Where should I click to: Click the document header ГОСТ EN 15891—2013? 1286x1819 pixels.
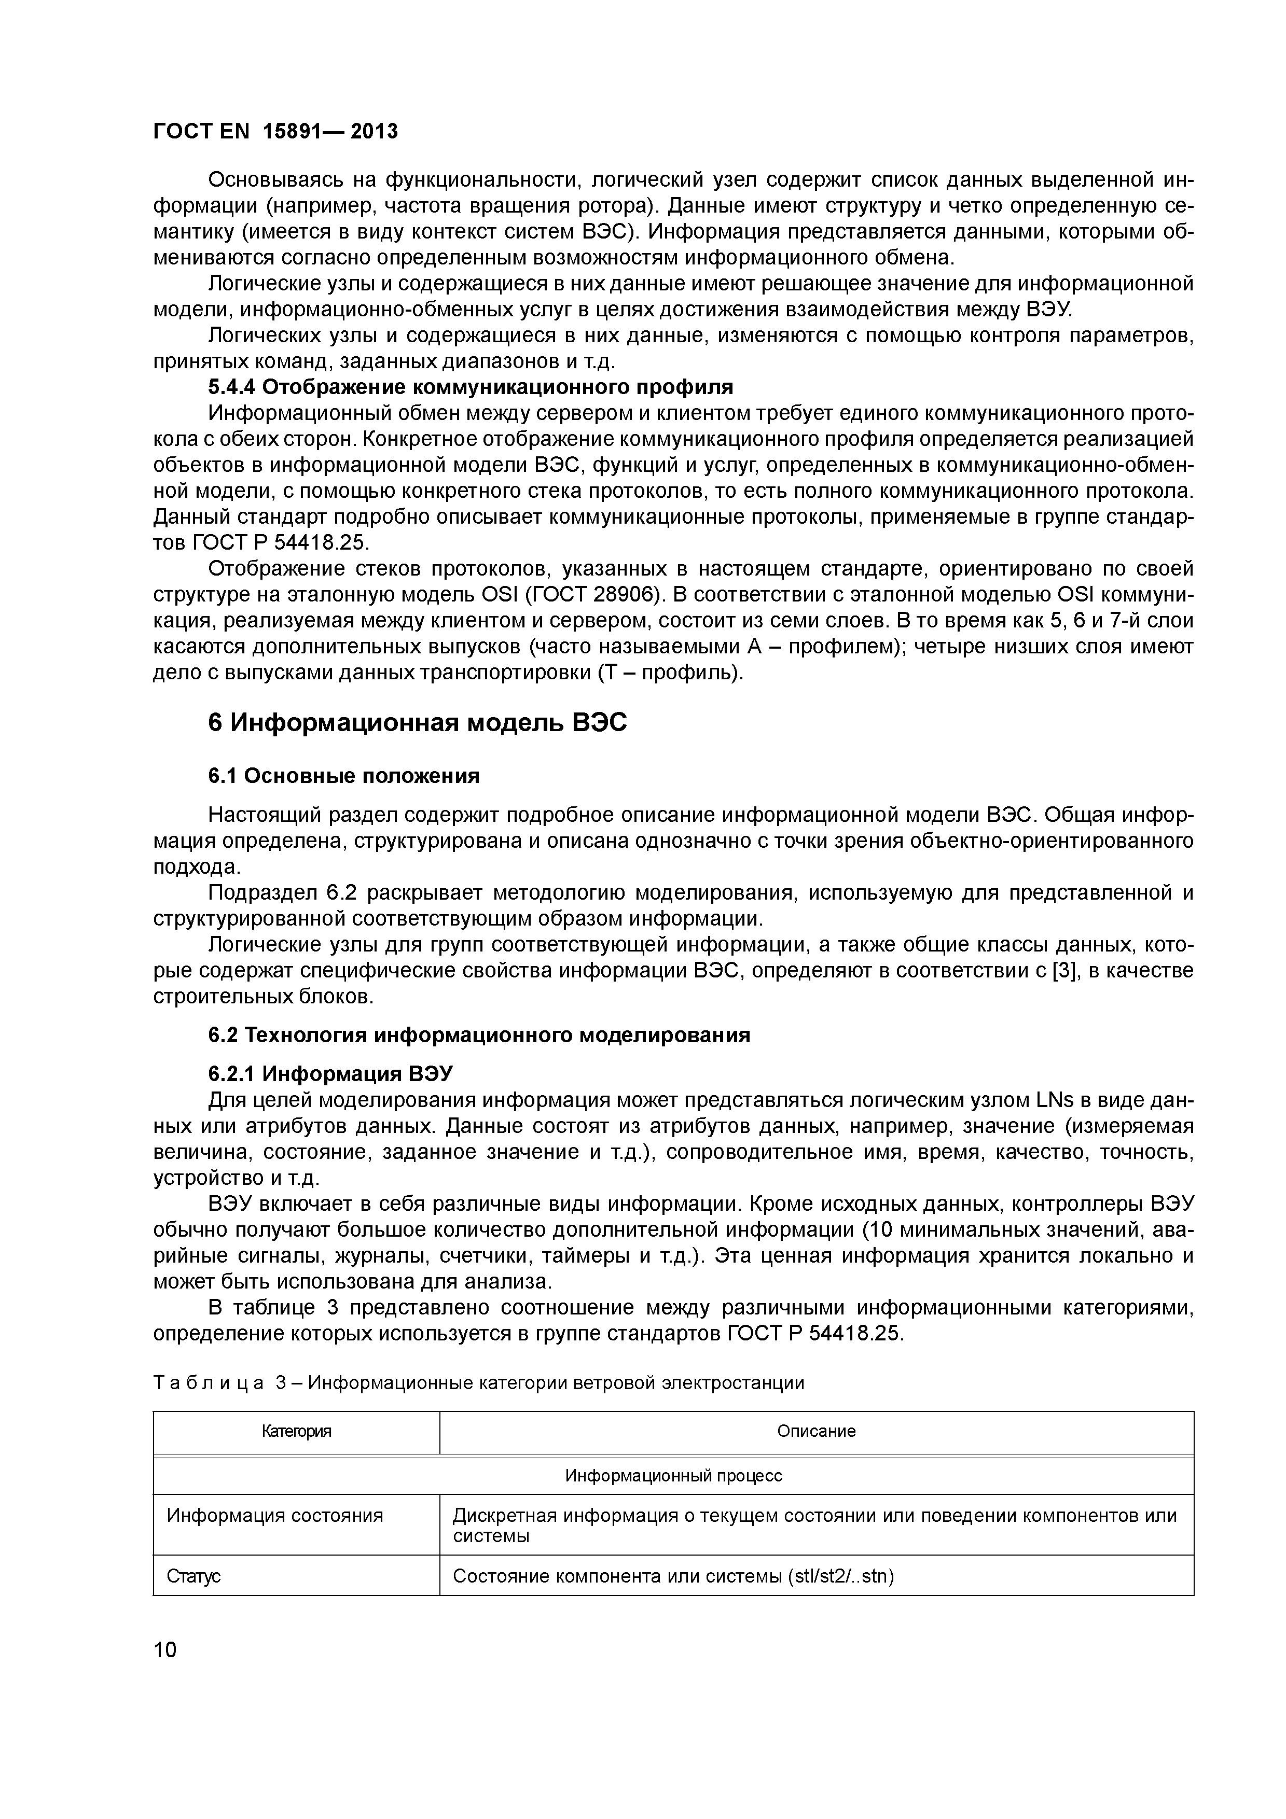275,131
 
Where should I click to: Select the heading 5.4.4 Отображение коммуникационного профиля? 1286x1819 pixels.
470,387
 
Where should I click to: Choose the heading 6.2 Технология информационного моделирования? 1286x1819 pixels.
479,1036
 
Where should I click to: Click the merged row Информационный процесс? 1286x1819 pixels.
673,1476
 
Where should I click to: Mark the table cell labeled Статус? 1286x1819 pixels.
193,1576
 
